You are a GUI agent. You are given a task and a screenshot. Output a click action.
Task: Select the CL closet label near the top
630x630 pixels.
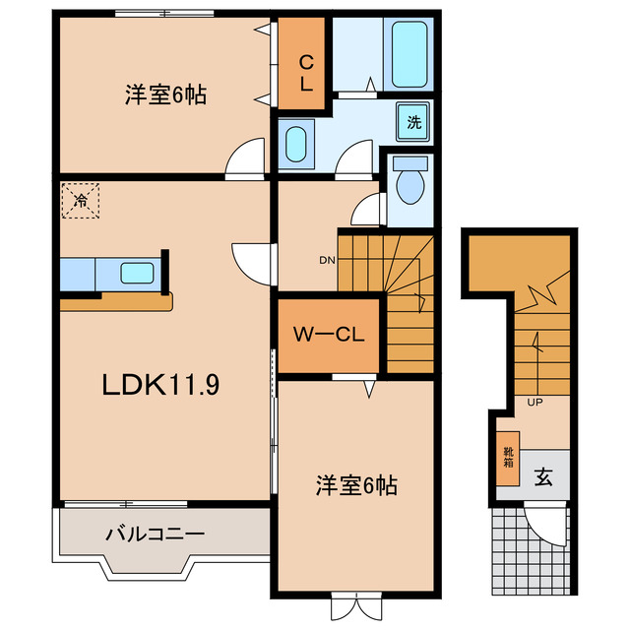(x=306, y=75)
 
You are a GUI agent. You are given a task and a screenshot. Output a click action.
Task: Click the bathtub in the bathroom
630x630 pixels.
(x=409, y=53)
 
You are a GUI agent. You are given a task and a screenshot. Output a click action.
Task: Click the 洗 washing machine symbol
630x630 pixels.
(x=414, y=122)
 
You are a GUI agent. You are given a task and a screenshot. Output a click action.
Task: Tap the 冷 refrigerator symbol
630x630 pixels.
(x=78, y=201)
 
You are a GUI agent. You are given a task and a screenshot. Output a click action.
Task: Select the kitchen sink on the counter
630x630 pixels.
(x=136, y=273)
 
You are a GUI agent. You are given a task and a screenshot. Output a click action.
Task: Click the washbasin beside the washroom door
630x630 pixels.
(x=295, y=145)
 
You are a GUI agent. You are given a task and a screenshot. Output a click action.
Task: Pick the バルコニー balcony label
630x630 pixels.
(x=155, y=535)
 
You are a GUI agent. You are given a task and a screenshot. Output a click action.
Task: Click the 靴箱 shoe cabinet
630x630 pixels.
(x=508, y=458)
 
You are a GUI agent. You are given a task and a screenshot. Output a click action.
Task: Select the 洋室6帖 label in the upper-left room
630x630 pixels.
(x=164, y=95)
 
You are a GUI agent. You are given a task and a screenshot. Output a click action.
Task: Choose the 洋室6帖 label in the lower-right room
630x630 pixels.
(x=355, y=484)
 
